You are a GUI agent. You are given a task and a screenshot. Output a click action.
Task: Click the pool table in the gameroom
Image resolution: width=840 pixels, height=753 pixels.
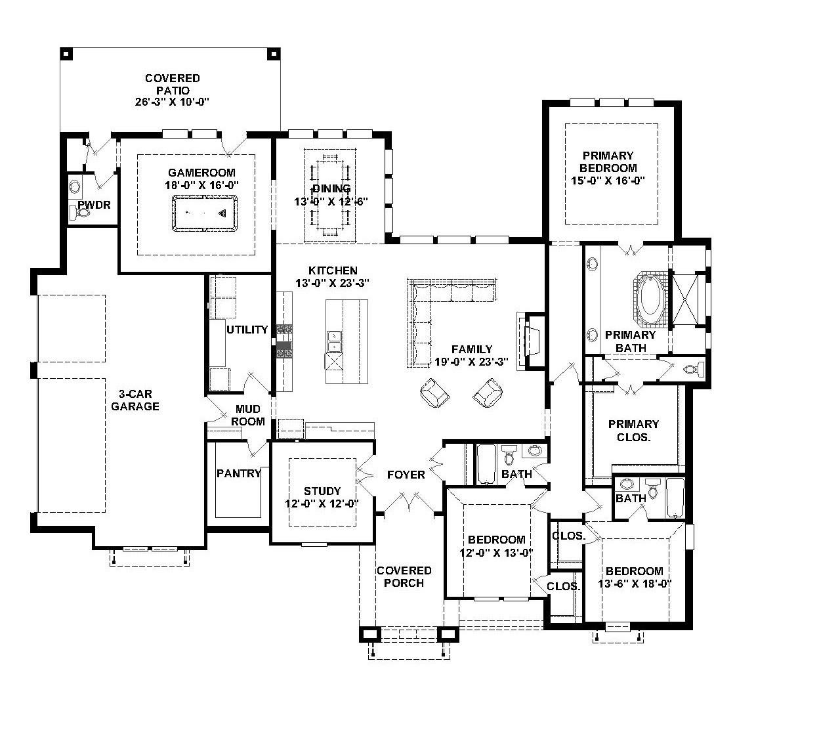pos(205,213)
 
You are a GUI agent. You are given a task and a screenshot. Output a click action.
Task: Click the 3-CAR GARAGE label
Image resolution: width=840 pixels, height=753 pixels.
pos(135,400)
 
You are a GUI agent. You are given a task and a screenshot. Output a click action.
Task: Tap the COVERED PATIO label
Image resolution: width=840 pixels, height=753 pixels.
pos(173,90)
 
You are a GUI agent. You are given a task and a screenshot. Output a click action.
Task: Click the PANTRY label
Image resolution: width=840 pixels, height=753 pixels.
pos(239,473)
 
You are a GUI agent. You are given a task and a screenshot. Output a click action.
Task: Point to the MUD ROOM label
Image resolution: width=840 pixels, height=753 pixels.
pos(248,416)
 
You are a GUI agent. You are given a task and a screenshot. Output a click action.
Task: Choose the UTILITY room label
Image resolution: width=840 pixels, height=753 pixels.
pos(247,330)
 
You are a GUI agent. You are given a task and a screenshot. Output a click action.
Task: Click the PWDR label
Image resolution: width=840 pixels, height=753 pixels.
pos(94,205)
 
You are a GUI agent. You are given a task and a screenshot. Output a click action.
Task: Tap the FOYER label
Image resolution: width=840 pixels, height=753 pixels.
pos(406,475)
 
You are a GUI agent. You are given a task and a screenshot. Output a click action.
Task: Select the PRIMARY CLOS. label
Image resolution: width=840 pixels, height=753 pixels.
pos(633,430)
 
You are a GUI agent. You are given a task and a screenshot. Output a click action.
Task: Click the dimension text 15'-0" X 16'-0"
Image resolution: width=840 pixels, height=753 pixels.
pos(608,181)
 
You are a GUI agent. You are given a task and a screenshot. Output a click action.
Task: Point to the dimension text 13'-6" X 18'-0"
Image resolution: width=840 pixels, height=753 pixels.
pos(635,584)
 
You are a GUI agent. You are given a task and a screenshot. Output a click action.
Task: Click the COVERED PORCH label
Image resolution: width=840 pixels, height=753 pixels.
pos(404,576)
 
